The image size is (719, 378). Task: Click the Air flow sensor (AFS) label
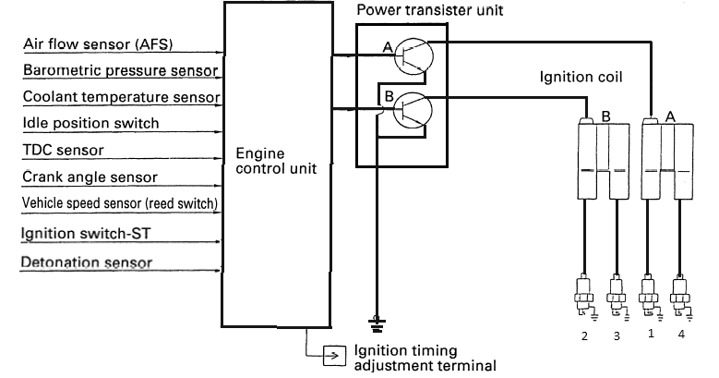pyautogui.click(x=98, y=44)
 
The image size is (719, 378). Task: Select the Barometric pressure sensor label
pyautogui.click(x=121, y=70)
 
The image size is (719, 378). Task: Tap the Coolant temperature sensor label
pyautogui.click(x=122, y=97)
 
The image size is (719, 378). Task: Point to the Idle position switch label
pyautogui.click(x=90, y=123)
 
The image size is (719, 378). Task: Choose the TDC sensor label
pyautogui.click(x=64, y=150)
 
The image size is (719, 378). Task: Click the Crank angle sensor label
pyautogui.click(x=90, y=177)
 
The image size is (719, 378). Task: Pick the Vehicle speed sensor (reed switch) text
pyautogui.click(x=120, y=203)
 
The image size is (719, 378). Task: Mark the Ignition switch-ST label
pyautogui.click(x=86, y=233)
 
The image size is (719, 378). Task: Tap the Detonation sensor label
pyautogui.click(x=86, y=262)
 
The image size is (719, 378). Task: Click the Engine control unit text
pyautogui.click(x=276, y=161)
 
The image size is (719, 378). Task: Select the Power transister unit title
pyautogui.click(x=430, y=10)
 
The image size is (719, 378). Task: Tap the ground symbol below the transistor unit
pyautogui.click(x=377, y=323)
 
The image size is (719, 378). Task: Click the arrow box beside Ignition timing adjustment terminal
pyautogui.click(x=335, y=356)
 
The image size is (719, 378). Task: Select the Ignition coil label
pyautogui.click(x=581, y=77)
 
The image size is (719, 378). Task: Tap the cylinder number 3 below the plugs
pyautogui.click(x=617, y=336)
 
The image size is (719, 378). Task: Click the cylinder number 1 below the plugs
pyautogui.click(x=651, y=334)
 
